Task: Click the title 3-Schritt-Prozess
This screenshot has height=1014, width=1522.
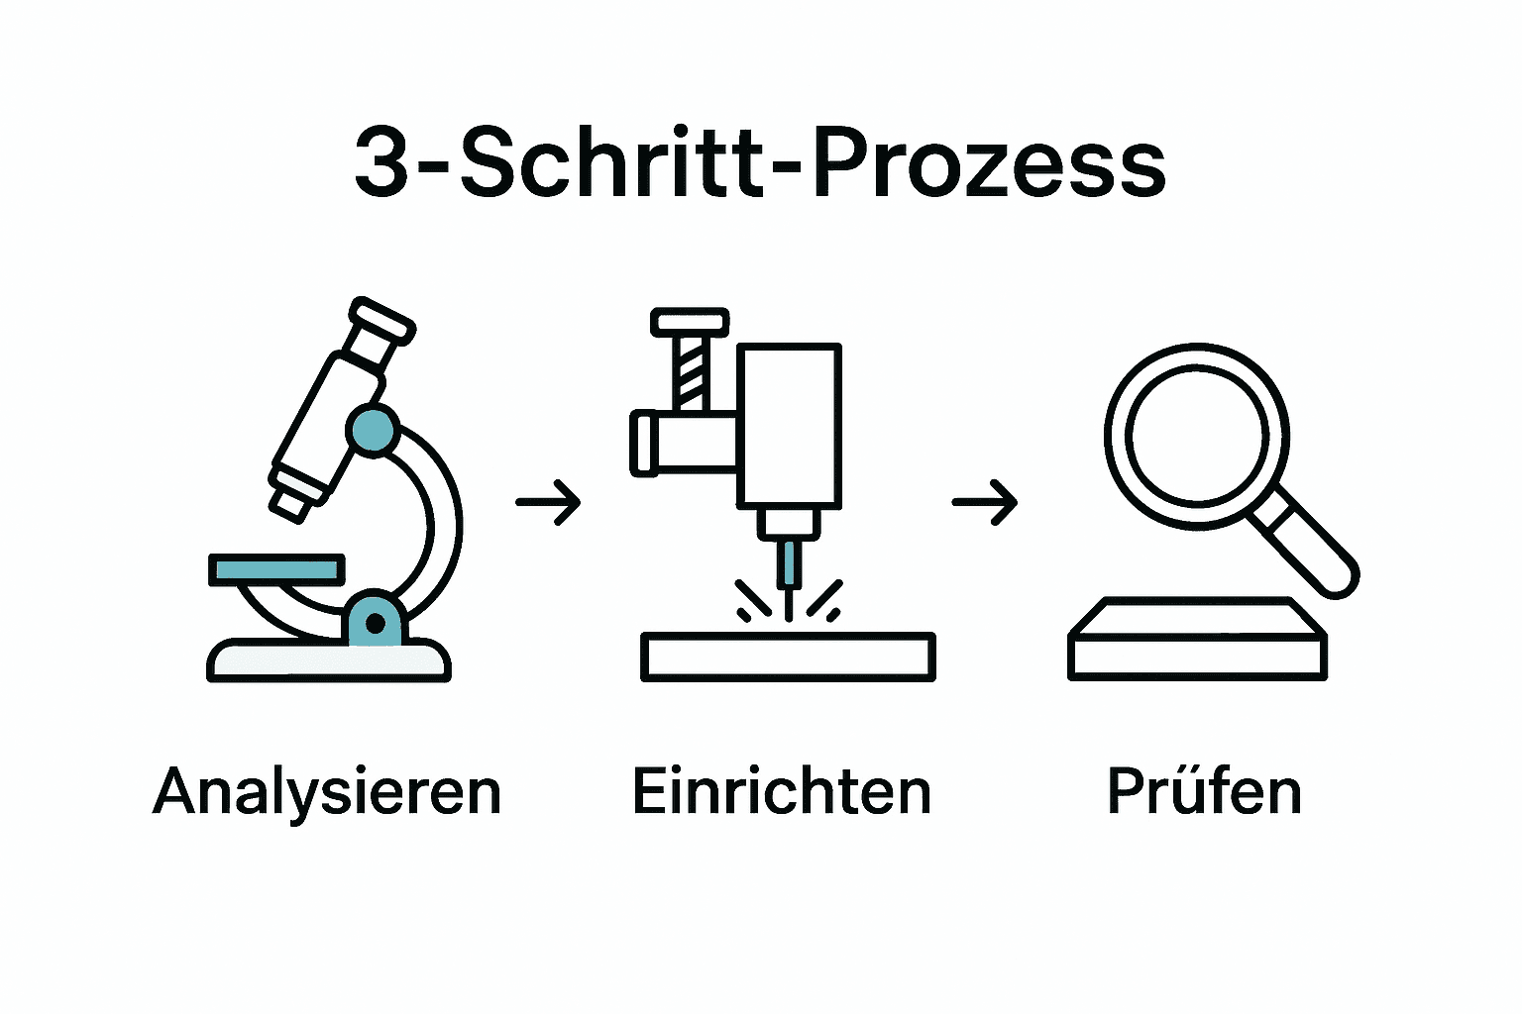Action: (760, 163)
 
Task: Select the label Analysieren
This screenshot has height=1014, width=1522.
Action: (327, 792)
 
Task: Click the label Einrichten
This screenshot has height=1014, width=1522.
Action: (782, 792)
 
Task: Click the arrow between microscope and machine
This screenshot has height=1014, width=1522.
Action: (548, 502)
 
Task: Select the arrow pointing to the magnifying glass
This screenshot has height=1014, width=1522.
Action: (985, 502)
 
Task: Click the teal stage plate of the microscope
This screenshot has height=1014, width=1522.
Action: (276, 570)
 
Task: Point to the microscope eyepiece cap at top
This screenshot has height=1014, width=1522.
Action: (381, 320)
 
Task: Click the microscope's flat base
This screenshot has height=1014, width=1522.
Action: (328, 660)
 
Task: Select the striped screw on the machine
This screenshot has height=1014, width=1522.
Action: (691, 371)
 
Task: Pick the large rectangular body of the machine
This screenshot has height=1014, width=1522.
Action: (790, 426)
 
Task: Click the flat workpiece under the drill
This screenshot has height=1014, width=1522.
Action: (788, 657)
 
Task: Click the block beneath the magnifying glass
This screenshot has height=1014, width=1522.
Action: (1197, 649)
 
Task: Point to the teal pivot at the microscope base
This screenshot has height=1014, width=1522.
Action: (375, 622)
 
